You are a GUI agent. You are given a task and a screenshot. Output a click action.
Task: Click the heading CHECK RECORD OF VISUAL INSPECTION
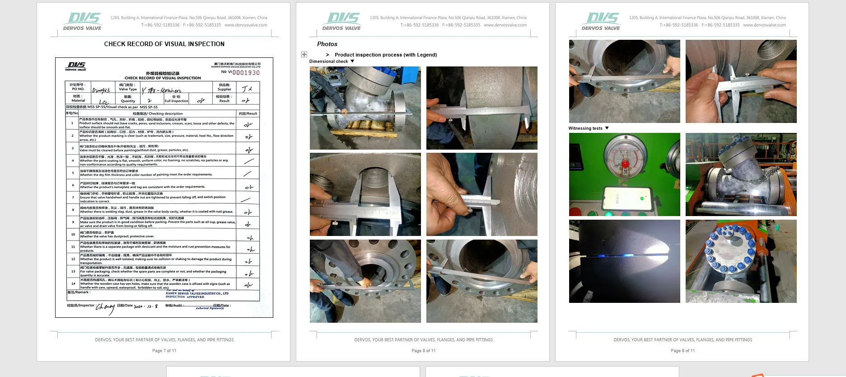coord(164,44)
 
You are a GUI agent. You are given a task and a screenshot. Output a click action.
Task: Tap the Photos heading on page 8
coord(327,44)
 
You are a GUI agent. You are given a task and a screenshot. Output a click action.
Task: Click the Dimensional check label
coord(328,61)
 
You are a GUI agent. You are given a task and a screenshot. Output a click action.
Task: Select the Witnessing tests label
coord(585,128)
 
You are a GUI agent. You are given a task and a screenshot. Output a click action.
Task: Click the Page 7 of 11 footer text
coord(164,351)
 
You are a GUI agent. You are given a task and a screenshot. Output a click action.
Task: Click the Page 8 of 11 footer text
coord(423,351)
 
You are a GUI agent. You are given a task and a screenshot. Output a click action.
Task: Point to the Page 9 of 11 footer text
coord(682,351)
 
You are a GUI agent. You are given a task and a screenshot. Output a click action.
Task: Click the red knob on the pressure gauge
coord(625,164)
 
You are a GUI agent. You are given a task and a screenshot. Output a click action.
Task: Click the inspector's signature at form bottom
coord(105,308)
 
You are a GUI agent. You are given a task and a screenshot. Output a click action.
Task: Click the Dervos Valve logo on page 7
coord(83,21)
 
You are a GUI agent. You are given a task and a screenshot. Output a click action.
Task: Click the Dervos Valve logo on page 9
coord(601,21)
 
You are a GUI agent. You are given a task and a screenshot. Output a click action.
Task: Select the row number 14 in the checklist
coord(73,284)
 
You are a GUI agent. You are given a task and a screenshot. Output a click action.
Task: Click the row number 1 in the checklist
coord(72,123)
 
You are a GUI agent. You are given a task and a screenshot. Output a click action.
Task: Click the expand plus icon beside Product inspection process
coord(304,54)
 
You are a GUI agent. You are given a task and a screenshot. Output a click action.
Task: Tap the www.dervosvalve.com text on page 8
coord(505,25)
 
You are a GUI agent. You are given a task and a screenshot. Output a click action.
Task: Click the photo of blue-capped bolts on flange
coord(741,261)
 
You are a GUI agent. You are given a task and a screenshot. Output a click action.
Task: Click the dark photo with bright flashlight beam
coord(624,261)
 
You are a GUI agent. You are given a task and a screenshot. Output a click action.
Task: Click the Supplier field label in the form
coord(224,87)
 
